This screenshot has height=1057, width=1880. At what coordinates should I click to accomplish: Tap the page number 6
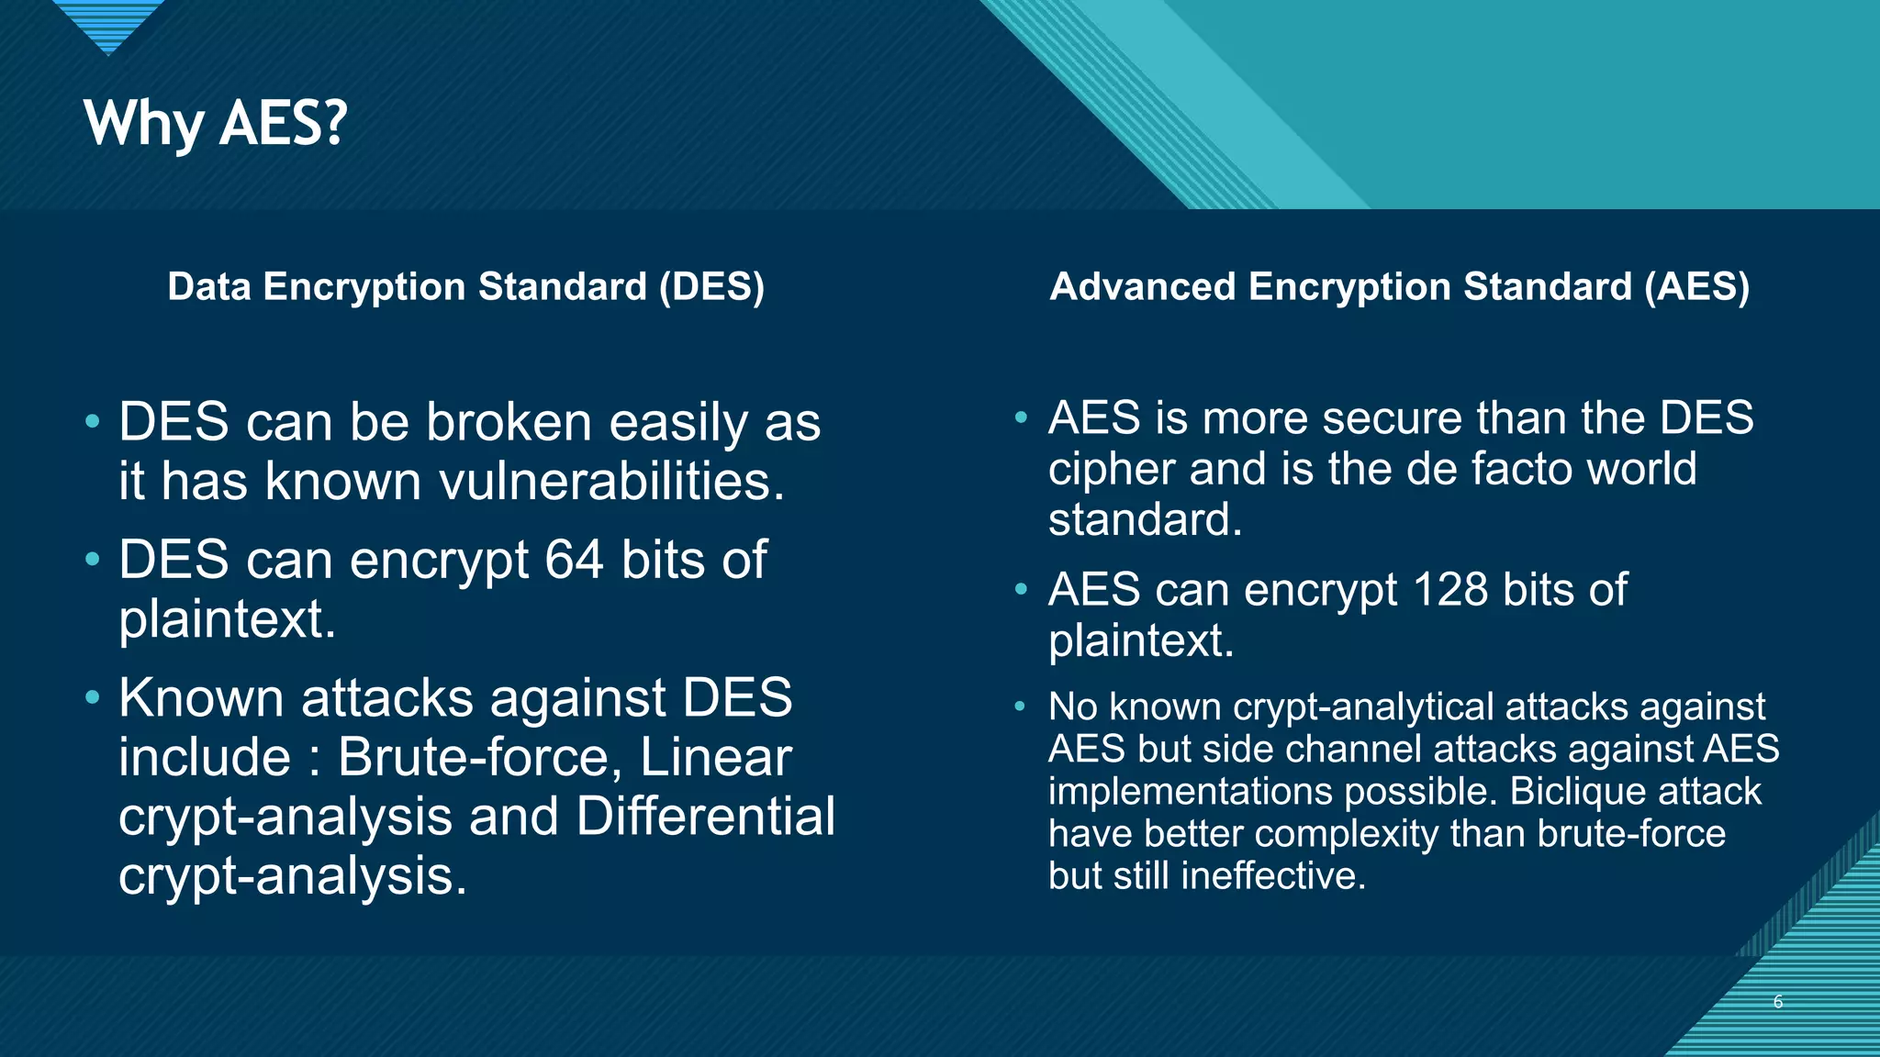tap(1777, 1002)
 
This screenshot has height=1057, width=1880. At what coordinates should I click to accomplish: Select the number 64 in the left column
tap(574, 560)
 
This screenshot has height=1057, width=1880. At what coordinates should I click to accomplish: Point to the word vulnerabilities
tap(611, 482)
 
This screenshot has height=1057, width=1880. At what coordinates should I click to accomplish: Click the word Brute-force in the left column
tap(474, 758)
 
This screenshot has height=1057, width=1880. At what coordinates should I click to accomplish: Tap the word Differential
tap(705, 817)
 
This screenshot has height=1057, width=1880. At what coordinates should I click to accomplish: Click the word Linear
tap(715, 758)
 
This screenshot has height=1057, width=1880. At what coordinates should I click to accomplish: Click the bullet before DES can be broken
tap(92, 422)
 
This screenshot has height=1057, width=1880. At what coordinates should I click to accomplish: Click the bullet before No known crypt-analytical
tap(1020, 707)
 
